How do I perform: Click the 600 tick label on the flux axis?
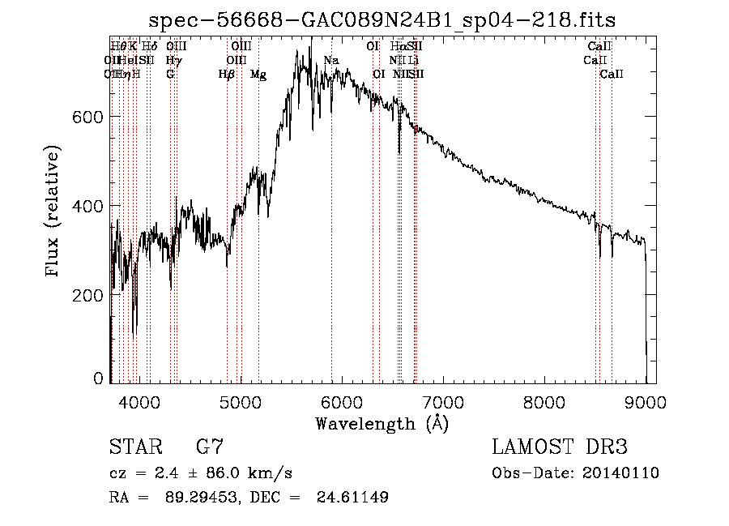[x=89, y=117]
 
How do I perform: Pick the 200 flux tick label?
[x=89, y=295]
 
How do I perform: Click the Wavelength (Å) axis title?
[x=382, y=423]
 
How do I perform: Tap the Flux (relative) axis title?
[x=54, y=212]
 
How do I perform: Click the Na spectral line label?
[x=330, y=61]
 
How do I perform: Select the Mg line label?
[x=258, y=75]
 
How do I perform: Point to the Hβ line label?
[x=227, y=75]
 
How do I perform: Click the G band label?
[x=170, y=75]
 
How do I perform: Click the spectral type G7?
[x=209, y=447]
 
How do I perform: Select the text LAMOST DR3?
[x=560, y=447]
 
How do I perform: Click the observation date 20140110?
[x=621, y=473]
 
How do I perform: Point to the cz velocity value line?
[x=200, y=473]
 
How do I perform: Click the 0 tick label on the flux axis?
[x=99, y=378]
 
